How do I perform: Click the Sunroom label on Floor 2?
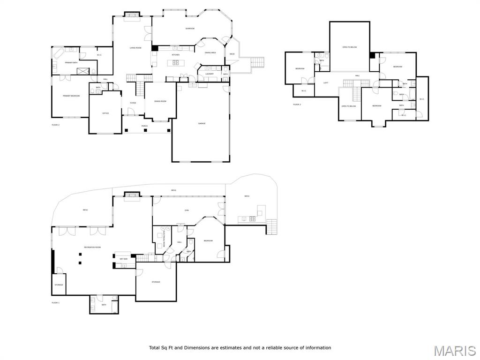click(190, 29)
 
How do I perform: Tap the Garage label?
click(202, 123)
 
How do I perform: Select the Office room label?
click(105, 113)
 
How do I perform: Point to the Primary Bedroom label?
click(71, 96)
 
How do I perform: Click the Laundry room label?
click(210, 74)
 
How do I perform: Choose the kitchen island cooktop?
click(176, 62)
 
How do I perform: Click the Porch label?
click(144, 126)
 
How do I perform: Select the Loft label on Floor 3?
click(326, 83)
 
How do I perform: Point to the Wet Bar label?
click(123, 259)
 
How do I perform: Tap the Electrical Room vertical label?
click(165, 238)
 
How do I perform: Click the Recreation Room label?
click(92, 247)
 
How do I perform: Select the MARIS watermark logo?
click(454, 351)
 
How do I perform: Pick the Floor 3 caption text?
click(297, 105)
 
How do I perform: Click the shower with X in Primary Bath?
click(83, 71)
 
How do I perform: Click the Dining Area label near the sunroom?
click(210, 53)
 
